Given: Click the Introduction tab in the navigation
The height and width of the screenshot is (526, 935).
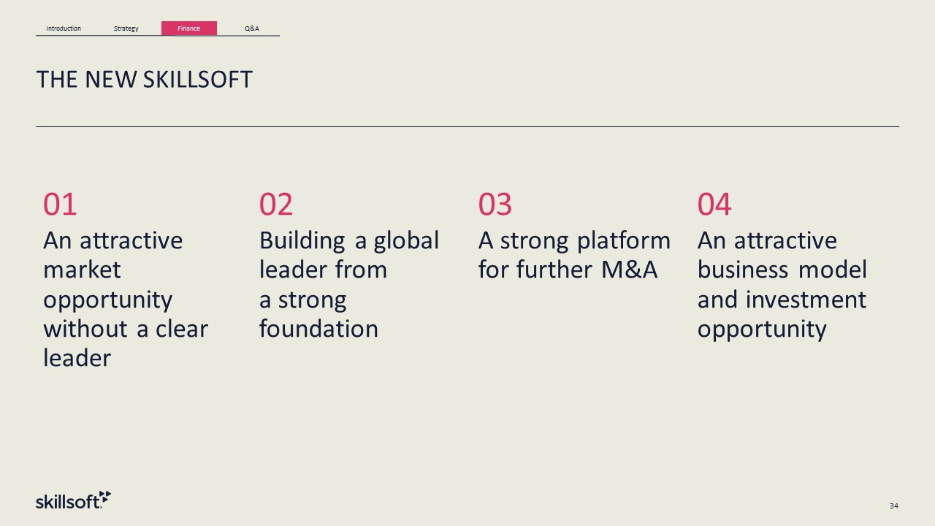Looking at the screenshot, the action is click(x=64, y=28).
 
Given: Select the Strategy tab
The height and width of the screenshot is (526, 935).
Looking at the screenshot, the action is click(x=126, y=28).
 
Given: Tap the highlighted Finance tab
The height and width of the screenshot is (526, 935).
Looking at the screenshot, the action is click(x=189, y=28).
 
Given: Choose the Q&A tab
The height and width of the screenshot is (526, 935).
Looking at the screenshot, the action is click(x=252, y=28).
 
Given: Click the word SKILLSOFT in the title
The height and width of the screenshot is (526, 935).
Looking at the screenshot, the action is click(x=197, y=80).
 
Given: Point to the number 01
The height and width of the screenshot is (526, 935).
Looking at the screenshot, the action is click(x=60, y=205).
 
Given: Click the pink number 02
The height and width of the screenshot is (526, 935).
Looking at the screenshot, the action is click(x=276, y=205).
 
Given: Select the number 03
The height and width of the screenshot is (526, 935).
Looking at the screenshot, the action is click(x=495, y=205).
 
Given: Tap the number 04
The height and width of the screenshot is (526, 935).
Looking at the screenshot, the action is click(x=714, y=205).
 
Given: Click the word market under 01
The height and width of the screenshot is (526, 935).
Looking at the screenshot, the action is click(x=83, y=270).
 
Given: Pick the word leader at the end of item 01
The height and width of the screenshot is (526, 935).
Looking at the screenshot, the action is click(x=77, y=358).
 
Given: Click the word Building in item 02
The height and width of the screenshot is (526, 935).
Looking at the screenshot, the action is click(x=302, y=241).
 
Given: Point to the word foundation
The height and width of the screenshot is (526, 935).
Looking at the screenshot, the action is click(x=319, y=328).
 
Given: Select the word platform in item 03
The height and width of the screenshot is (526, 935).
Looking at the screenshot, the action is click(x=624, y=241).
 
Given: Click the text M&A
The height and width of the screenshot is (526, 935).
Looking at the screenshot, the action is click(x=630, y=270).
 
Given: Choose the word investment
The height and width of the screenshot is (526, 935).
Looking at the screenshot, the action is click(x=806, y=300).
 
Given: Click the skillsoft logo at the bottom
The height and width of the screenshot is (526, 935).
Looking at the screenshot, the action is click(x=74, y=500).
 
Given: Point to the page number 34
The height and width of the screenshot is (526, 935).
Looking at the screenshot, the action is click(x=893, y=506).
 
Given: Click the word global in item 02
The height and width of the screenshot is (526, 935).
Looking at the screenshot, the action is click(x=406, y=241).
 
